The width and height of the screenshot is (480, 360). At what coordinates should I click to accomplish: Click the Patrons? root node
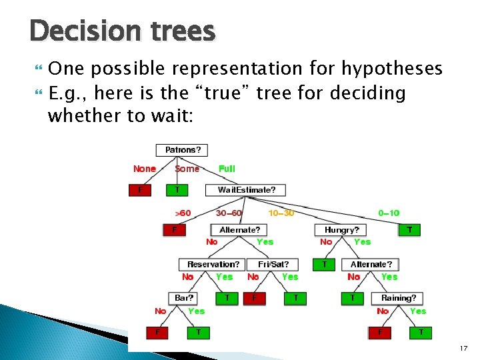tap(182, 150)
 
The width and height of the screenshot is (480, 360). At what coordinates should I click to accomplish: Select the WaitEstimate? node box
tap(246, 190)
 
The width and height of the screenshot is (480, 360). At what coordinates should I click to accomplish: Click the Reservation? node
tap(213, 264)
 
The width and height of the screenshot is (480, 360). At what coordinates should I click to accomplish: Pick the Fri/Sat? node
tap(273, 264)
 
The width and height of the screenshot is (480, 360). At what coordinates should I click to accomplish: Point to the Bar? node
tap(183, 298)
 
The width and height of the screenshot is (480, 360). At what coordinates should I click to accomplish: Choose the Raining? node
tap(399, 298)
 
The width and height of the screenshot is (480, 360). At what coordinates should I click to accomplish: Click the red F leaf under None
tap(140, 190)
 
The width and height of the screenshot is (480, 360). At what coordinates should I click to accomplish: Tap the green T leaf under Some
tap(177, 190)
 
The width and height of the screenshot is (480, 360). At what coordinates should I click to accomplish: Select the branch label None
tap(145, 169)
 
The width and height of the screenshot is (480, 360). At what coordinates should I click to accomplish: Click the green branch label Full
tap(227, 169)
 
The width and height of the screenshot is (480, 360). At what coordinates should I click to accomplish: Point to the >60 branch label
tap(183, 213)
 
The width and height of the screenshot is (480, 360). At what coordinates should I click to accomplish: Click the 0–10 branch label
tap(389, 213)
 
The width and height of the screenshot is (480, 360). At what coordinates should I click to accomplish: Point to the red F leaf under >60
tap(175, 230)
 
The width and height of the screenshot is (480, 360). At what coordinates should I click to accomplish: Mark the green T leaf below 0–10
tap(409, 230)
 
